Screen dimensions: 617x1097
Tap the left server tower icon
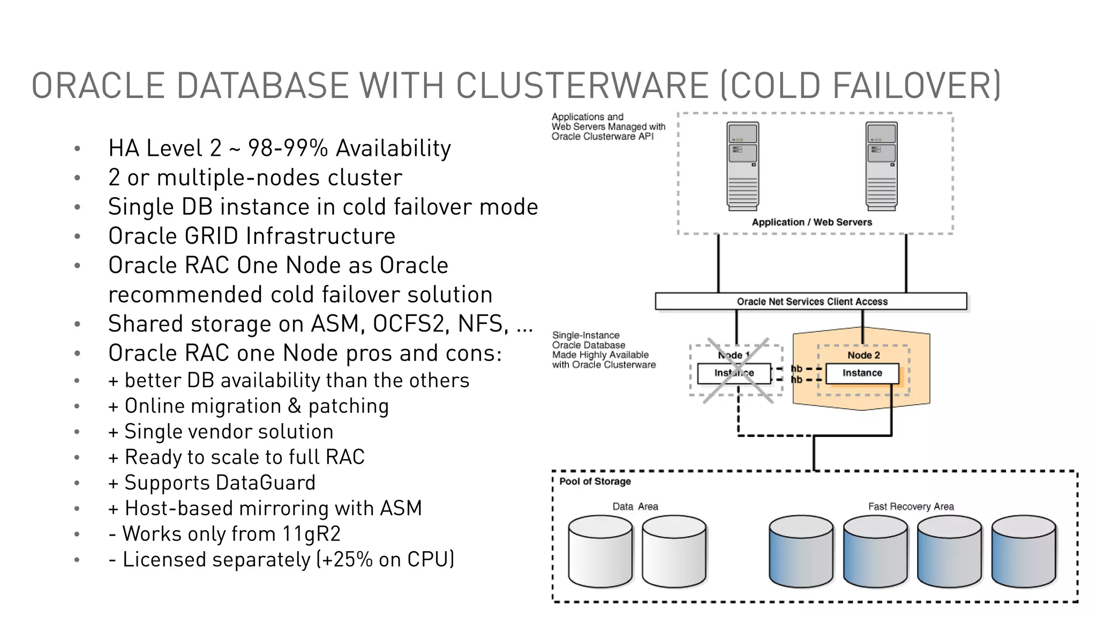[x=742, y=166]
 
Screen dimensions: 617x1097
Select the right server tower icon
[x=881, y=166]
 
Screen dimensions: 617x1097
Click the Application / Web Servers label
[x=812, y=222]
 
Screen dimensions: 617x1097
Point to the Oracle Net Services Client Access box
[x=811, y=302]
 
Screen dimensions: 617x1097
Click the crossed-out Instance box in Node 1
[x=734, y=373]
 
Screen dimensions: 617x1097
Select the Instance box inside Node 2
[x=862, y=373]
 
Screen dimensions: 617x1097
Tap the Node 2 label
[x=863, y=355]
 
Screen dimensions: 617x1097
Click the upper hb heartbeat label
[x=797, y=368]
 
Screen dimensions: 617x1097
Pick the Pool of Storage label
[x=595, y=481]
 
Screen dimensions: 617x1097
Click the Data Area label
[x=635, y=507]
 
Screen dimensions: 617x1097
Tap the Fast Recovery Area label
[x=911, y=507]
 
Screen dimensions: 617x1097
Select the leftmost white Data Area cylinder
[x=600, y=552]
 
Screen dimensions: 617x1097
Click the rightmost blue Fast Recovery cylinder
[x=1023, y=552]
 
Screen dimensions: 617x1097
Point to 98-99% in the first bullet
[x=288, y=148]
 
